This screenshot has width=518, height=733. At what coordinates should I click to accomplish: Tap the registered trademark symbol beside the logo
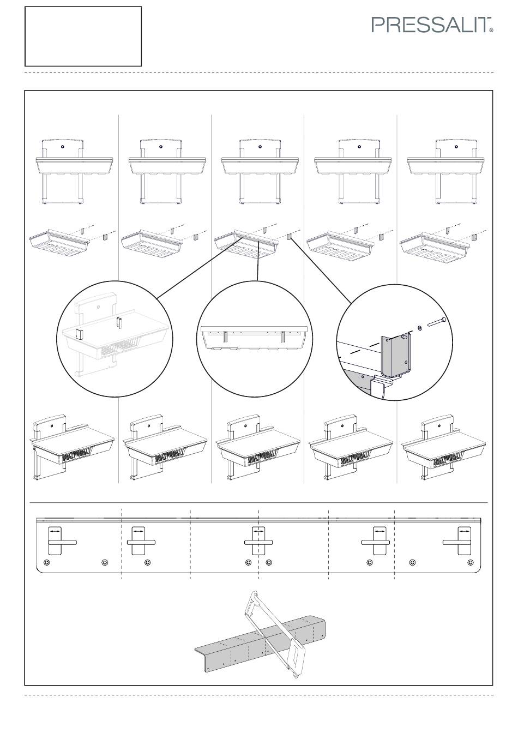click(x=491, y=30)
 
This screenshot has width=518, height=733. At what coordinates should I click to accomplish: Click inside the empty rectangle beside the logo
click(x=83, y=37)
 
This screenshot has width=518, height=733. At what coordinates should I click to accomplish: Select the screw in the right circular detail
click(x=436, y=322)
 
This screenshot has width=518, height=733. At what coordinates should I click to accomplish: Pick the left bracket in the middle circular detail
click(x=225, y=337)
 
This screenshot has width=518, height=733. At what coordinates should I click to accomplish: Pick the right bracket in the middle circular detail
click(x=283, y=337)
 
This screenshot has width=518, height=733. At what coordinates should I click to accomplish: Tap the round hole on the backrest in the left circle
click(x=99, y=307)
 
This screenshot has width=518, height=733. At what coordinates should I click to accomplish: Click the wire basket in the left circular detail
click(x=121, y=348)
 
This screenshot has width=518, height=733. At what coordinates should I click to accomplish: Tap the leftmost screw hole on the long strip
click(x=46, y=562)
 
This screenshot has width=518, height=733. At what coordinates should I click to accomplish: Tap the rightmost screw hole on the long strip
click(x=471, y=562)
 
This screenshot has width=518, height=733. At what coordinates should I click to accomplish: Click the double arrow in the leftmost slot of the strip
click(x=55, y=532)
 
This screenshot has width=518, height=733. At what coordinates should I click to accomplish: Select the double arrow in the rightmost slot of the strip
click(x=463, y=532)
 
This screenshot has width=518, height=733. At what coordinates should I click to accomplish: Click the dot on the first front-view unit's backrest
click(x=63, y=147)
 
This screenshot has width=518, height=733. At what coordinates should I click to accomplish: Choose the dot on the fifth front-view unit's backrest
click(x=456, y=147)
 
